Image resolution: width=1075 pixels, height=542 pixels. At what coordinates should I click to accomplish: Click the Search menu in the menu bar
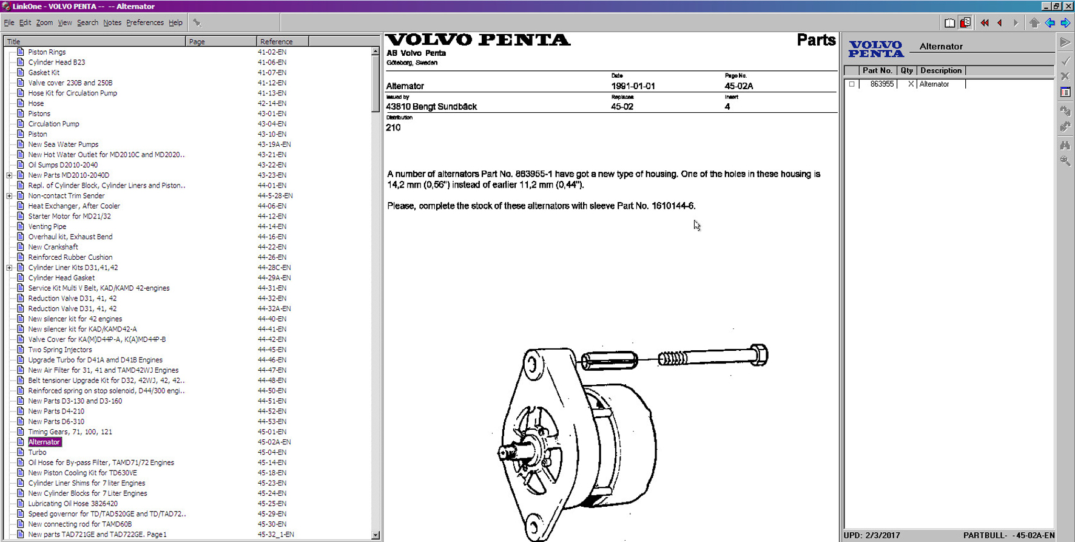pos(87,22)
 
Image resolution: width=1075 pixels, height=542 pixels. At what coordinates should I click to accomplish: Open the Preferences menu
pos(144,22)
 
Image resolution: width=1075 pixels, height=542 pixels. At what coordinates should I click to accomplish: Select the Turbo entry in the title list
pos(37,452)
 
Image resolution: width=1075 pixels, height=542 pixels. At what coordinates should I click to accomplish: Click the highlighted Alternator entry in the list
pos(44,442)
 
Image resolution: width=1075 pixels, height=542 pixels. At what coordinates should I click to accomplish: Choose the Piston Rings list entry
pos(47,52)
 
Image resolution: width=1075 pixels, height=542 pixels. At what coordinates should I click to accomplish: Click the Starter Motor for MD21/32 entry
pos(69,216)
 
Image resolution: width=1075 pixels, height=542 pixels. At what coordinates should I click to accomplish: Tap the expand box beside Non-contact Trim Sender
pos(10,196)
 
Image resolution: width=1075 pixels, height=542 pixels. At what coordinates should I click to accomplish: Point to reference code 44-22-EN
pos(272,247)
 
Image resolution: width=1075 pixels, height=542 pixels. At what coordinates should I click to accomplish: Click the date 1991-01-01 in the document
pos(633,86)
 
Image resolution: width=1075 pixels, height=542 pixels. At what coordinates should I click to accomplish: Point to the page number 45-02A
pos(738,86)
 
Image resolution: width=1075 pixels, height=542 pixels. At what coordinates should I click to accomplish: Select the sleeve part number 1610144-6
pos(673,206)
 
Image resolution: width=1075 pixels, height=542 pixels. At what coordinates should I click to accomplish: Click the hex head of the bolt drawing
pos(759,354)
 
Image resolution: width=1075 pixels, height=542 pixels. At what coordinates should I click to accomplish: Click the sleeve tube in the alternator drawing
pos(609,360)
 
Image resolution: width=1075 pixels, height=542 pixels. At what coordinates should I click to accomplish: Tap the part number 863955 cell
pos(881,84)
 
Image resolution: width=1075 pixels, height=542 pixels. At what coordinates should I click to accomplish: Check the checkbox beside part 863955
pos(852,84)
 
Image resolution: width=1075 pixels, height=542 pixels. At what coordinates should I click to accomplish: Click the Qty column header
pos(906,70)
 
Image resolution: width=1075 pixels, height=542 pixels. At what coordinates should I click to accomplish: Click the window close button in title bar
pos(1068,6)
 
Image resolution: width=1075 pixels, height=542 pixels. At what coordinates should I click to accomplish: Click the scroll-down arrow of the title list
pos(376,535)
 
